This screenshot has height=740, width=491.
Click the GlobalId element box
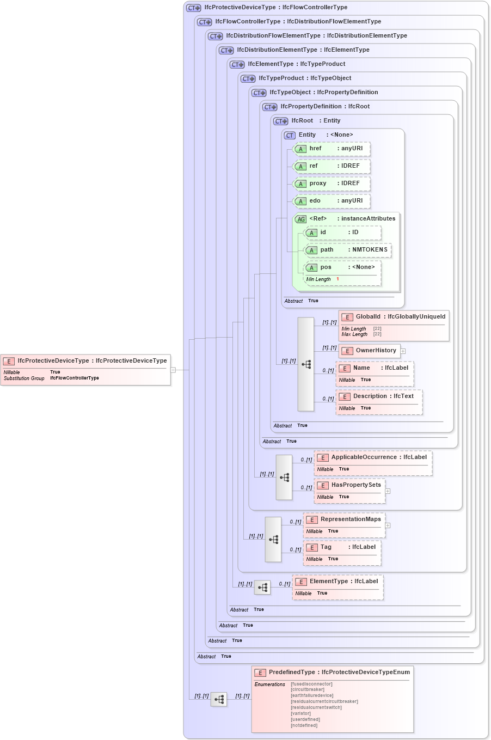point(394,317)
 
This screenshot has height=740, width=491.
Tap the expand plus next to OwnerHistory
point(403,351)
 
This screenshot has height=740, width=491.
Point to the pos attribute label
point(326,267)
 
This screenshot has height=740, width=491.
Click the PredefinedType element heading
point(333,672)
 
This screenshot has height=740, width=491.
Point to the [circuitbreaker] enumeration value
point(308,690)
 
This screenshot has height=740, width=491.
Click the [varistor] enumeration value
point(301,713)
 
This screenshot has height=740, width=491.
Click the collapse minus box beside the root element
point(173,370)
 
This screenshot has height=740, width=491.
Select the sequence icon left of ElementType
point(262,588)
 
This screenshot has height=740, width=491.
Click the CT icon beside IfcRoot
point(281,121)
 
